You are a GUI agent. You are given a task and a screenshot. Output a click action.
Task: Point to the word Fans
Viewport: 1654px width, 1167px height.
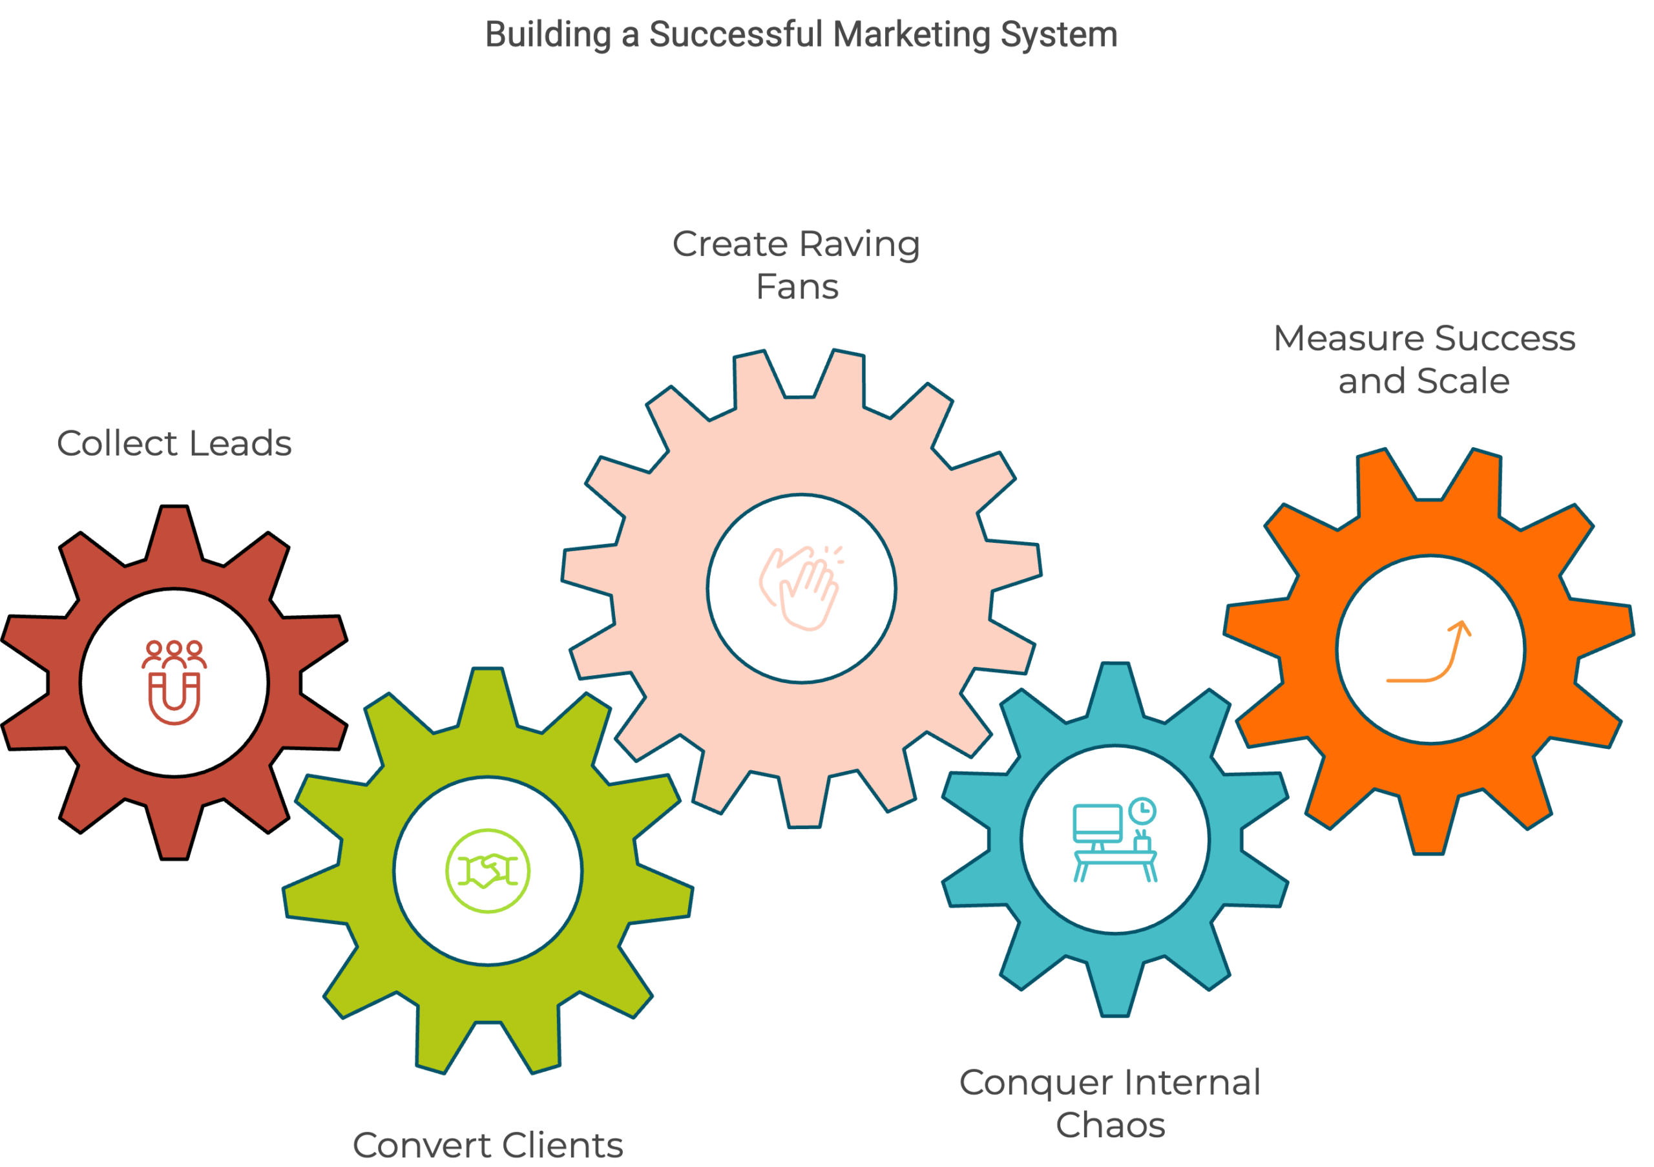pos(797,293)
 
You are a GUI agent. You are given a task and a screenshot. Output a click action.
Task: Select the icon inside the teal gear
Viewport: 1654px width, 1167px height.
pos(1135,853)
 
